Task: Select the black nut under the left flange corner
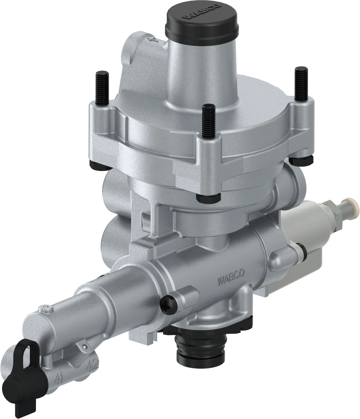tap(95, 163)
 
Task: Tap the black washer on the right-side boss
tap(305, 251)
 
